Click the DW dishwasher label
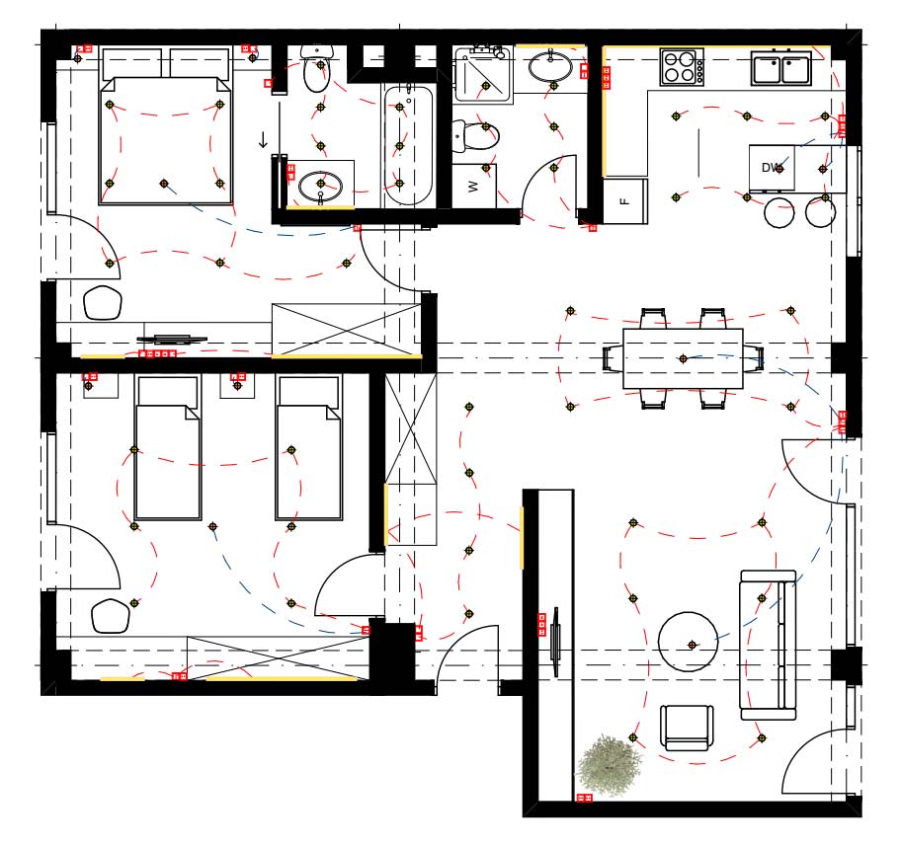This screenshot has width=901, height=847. click(x=772, y=168)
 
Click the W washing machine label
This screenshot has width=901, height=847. click(x=473, y=187)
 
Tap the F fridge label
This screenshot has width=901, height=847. click(x=625, y=201)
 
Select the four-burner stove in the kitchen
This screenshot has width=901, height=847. click(x=682, y=67)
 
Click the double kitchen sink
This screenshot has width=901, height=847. click(x=781, y=68)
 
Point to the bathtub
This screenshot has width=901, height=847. click(x=408, y=145)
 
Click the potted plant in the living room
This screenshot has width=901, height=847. click(x=609, y=765)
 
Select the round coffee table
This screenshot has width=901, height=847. click(x=688, y=642)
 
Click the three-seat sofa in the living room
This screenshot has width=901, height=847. click(x=768, y=645)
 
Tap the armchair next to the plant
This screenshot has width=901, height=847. click(x=687, y=728)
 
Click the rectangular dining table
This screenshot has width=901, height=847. click(x=683, y=359)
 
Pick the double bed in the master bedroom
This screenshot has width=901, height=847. click(x=165, y=126)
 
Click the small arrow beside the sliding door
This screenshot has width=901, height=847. click(x=263, y=140)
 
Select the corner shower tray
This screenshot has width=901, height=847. click(x=483, y=75)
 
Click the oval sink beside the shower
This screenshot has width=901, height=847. click(x=550, y=67)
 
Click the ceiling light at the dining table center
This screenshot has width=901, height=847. click(x=683, y=359)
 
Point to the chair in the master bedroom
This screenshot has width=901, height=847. click(x=103, y=303)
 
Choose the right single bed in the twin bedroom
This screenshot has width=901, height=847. click(x=309, y=448)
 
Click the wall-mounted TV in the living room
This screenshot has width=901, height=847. click(x=555, y=642)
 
